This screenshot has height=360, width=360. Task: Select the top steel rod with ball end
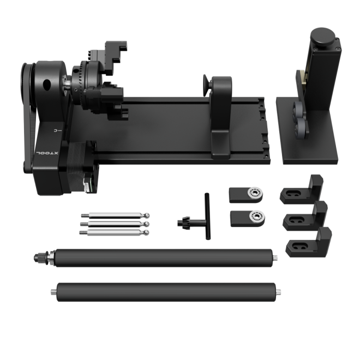[114, 215]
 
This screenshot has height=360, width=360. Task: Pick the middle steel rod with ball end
[114, 224]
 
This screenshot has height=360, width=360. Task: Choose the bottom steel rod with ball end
[114, 232]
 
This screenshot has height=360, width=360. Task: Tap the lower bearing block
[247, 217]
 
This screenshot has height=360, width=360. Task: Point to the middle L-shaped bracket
[305, 216]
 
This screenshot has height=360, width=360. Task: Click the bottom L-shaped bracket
[309, 242]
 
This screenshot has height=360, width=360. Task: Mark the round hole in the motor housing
[45, 85]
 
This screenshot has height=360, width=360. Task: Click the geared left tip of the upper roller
[40, 256]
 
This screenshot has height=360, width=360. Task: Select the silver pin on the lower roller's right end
[279, 292]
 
